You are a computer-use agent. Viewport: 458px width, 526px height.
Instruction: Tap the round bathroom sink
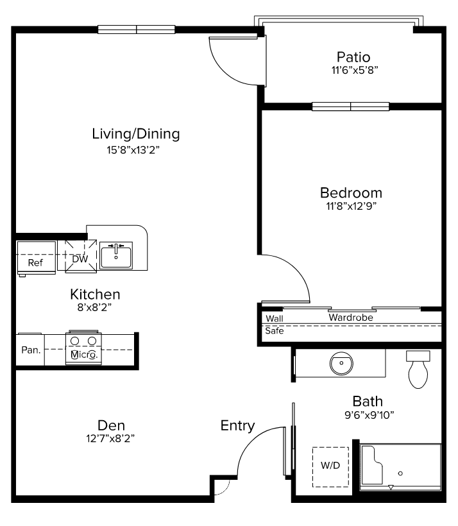tap(341, 363)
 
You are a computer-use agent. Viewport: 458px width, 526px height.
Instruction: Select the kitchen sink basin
tap(116, 255)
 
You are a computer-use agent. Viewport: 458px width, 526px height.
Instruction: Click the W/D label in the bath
tap(330, 465)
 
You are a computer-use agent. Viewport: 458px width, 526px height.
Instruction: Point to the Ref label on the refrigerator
tap(35, 262)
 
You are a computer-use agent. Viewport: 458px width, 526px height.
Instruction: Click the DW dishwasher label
tap(80, 259)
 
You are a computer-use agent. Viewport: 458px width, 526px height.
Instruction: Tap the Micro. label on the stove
tap(84, 355)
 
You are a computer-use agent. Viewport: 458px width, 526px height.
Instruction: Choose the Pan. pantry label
tap(31, 350)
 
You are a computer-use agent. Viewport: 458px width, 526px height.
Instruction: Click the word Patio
tap(353, 57)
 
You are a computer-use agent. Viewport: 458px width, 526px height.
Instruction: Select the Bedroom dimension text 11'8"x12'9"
tap(352, 206)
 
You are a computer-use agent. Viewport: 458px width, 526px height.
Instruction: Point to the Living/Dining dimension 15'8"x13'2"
tap(133, 150)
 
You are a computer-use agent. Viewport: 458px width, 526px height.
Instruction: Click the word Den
tap(111, 425)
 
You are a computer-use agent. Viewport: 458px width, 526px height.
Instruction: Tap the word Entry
tap(237, 426)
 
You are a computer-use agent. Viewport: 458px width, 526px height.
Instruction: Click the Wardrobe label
tap(351, 318)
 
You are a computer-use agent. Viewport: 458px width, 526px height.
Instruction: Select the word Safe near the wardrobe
tap(274, 331)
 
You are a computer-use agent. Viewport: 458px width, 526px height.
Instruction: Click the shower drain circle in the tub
tap(400, 473)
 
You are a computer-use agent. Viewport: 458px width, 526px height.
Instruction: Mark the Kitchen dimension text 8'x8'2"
tap(94, 307)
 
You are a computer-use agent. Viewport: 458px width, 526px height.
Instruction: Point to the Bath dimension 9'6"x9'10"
tap(369, 415)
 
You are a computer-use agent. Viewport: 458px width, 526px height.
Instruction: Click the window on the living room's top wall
tap(137, 30)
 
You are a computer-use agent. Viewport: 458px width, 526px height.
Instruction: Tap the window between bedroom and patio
tap(351, 106)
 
